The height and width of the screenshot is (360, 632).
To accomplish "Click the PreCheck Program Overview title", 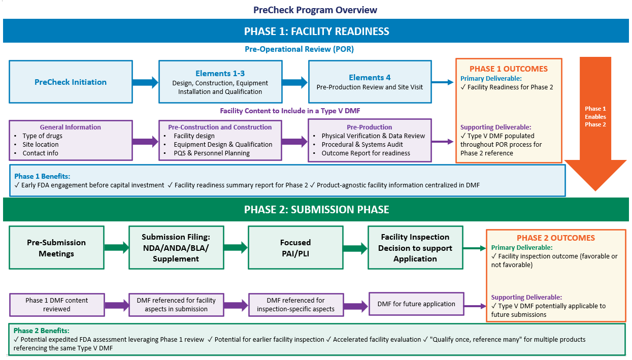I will click(x=315, y=10).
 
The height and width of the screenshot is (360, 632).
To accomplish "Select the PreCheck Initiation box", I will click(x=71, y=82).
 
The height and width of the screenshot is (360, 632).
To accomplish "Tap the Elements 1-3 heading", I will click(x=220, y=74).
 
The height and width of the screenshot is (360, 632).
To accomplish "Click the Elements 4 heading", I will click(x=370, y=78).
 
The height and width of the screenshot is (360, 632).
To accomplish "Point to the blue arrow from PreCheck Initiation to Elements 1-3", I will click(x=145, y=82).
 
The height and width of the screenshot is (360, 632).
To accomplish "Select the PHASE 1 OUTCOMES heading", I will click(x=508, y=69).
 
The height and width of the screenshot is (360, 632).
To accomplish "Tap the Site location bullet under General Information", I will click(x=40, y=145).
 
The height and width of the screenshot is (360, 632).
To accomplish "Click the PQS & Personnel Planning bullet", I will click(x=212, y=153).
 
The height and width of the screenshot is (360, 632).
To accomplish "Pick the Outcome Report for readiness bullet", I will click(x=365, y=153).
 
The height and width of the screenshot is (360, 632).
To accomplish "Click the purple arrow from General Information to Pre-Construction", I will click(x=145, y=142).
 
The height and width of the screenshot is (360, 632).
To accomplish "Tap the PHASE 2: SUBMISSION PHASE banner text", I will click(x=316, y=210).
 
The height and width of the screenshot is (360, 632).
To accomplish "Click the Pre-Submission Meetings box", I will click(x=56, y=248).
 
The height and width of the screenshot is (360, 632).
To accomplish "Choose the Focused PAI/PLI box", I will click(x=295, y=248).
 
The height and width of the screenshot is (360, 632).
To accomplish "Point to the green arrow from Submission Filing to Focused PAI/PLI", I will click(x=236, y=248).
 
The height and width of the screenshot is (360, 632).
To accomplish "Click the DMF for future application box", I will click(x=416, y=304).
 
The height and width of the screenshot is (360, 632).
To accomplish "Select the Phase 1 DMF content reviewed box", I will click(x=57, y=305).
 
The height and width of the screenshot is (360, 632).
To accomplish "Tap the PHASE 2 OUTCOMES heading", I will click(x=555, y=238).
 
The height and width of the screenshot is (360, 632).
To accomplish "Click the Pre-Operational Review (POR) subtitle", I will click(x=299, y=49).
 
